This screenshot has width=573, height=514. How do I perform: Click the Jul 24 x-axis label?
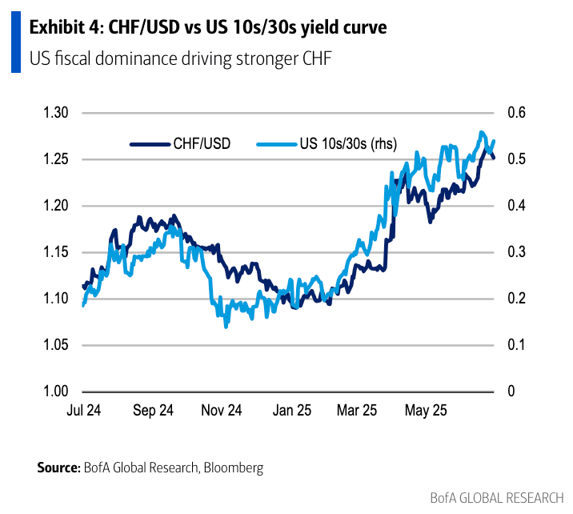(83, 411)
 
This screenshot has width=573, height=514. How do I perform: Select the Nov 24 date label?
(222, 411)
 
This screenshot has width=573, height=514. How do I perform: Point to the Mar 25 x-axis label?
(358, 411)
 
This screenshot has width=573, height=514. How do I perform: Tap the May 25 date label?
(426, 411)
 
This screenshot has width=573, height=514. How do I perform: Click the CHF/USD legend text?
(202, 144)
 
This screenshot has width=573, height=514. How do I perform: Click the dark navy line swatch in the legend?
(150, 144)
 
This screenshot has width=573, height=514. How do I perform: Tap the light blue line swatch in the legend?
(276, 144)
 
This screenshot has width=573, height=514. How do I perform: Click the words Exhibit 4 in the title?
(64, 28)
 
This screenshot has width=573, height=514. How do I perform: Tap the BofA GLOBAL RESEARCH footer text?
(497, 498)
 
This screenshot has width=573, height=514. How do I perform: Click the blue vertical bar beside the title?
(15, 42)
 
